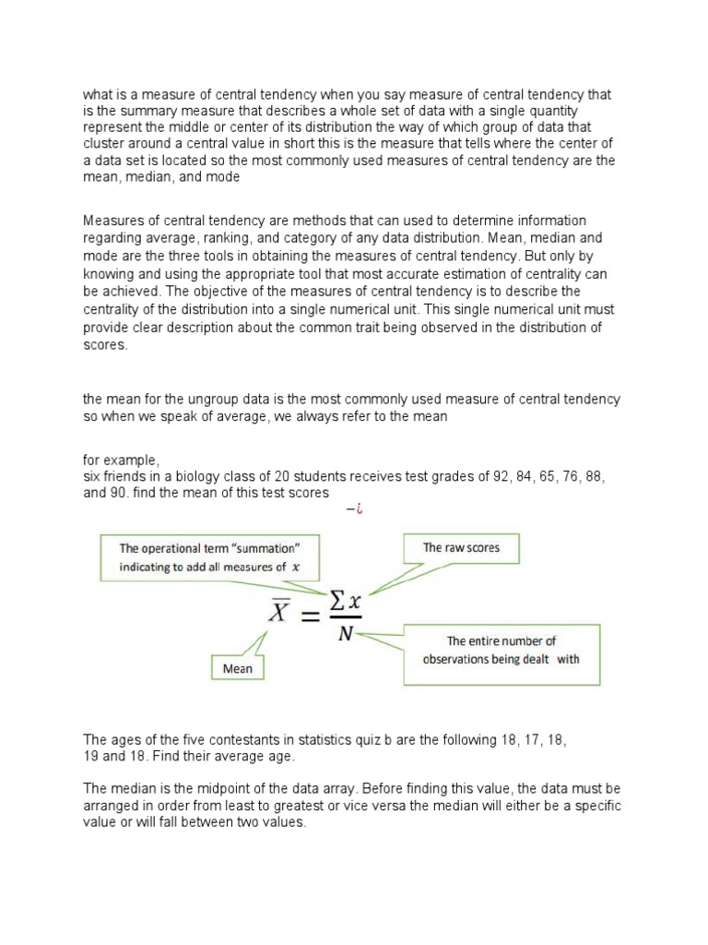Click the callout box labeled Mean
coord(237,667)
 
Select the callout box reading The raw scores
coord(461,548)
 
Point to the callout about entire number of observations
coord(501,650)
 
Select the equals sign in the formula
coord(306,613)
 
